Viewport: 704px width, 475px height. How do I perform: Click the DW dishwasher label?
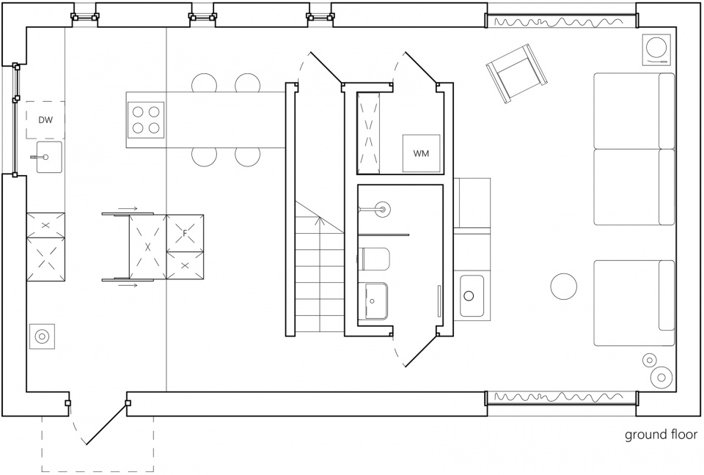coord(45,120)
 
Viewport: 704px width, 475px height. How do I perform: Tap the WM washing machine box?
coord(421,153)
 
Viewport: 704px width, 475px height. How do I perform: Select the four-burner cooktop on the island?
coord(146,120)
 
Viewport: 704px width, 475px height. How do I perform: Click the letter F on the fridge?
coord(185,233)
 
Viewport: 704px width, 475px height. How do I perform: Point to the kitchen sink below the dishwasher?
coord(49,157)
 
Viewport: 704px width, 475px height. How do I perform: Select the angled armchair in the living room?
coord(517,73)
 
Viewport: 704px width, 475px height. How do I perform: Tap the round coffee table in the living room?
coord(563,286)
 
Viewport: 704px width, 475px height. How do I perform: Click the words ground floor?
coord(661,435)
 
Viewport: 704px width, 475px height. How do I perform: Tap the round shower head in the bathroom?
coord(383,209)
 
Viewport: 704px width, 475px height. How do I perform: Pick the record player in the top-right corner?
coord(657,48)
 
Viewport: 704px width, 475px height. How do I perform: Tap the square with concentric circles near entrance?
coord(42,336)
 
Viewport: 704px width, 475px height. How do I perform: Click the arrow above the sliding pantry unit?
coord(128,209)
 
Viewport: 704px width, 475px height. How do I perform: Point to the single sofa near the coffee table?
coord(634,303)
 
